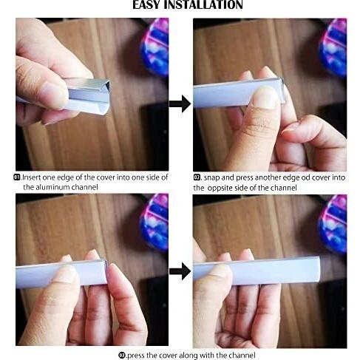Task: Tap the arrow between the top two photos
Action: pyautogui.click(x=180, y=103)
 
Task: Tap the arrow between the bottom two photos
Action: pyautogui.click(x=180, y=271)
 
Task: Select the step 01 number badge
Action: pyautogui.click(x=17, y=177)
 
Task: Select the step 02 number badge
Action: pyautogui.click(x=197, y=177)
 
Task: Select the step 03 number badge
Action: pyautogui.click(x=122, y=356)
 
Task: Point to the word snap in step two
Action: pyautogui.click(x=211, y=178)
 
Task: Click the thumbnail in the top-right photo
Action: pyautogui.click(x=265, y=97)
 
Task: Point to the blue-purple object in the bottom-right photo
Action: pyautogui.click(x=333, y=224)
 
